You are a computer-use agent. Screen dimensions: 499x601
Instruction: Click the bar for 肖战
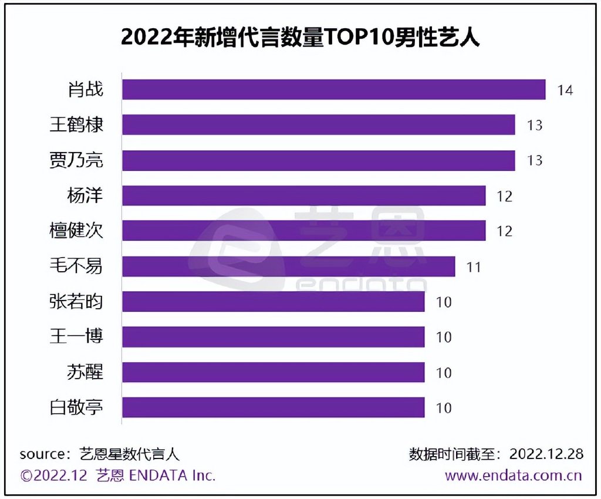[333, 90]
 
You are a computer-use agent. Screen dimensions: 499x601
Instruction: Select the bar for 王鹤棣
[318, 125]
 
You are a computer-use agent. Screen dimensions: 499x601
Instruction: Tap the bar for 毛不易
[288, 267]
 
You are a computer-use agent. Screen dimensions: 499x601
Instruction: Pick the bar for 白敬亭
[273, 407]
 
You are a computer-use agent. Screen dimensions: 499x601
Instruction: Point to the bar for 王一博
[273, 337]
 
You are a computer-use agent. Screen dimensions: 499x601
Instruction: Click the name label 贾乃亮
[76, 160]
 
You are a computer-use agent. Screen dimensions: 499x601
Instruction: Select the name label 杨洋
[85, 195]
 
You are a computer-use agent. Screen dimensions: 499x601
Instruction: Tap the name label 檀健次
[76, 231]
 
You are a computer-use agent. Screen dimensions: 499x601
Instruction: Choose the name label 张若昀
[76, 302]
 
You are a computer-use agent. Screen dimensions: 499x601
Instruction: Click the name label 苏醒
[85, 372]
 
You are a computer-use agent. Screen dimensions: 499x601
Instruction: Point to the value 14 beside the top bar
[565, 90]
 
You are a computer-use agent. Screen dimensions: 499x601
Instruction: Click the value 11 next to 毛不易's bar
[474, 267]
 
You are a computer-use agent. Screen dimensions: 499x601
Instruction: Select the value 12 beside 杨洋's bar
[504, 196]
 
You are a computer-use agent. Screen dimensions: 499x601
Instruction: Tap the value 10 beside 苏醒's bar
[444, 373]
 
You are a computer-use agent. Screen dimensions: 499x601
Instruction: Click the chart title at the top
[300, 37]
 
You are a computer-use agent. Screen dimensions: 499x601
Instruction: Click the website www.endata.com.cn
[513, 476]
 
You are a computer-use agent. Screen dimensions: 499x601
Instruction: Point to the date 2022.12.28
[546, 454]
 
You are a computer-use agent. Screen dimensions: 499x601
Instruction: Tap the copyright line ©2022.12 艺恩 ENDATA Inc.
[118, 476]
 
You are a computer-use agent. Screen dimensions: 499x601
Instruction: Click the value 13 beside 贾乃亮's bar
[535, 161]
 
